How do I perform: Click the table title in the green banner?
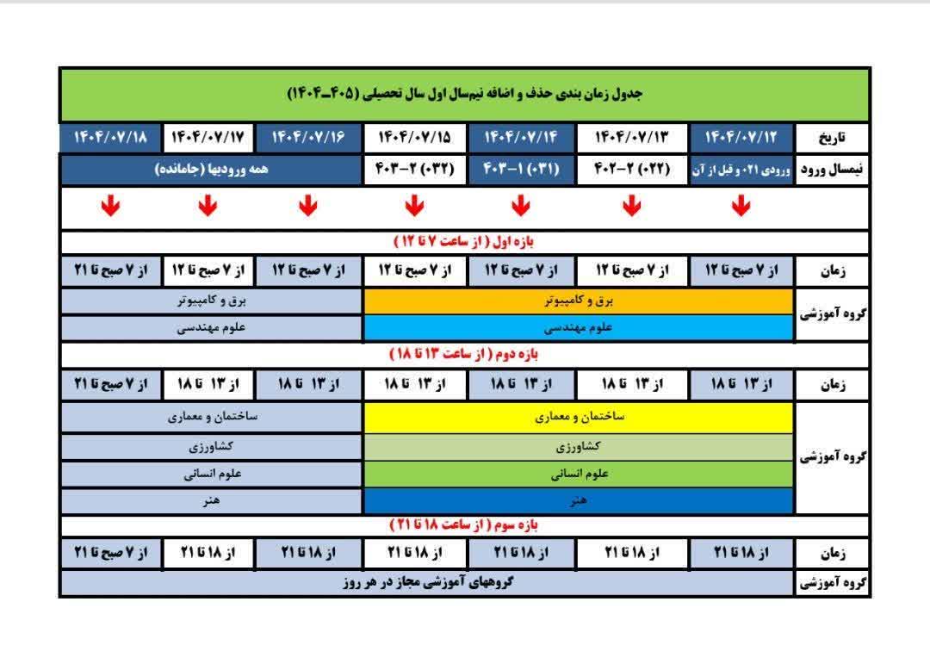(465, 93)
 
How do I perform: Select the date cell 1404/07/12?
(741, 138)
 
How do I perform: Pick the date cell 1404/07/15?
(414, 138)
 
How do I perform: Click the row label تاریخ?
(833, 138)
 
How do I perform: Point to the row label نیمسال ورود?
(833, 170)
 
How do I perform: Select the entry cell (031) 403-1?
(521, 170)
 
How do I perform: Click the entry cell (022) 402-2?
(631, 170)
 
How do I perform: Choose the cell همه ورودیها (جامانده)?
(211, 170)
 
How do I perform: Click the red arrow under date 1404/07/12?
(741, 207)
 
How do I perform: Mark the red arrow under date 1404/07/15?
(414, 207)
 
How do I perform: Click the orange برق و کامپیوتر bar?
(579, 301)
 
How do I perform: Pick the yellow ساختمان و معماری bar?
(579, 418)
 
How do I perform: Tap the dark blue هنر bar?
(579, 501)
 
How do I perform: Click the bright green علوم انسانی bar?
(579, 474)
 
